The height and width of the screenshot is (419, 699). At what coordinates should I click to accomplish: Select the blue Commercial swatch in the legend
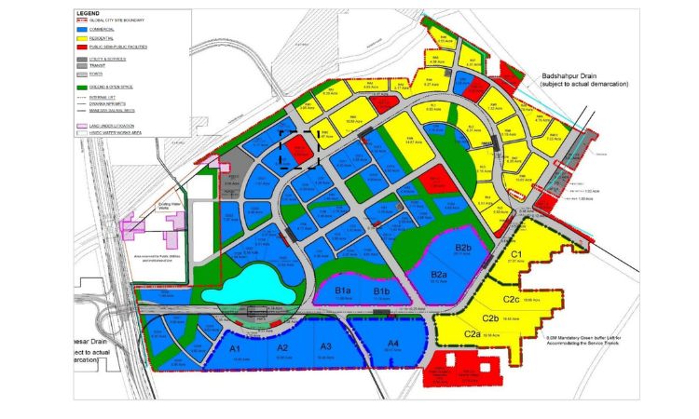coord(82,31)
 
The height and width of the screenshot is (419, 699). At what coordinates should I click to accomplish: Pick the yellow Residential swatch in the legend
coord(82,39)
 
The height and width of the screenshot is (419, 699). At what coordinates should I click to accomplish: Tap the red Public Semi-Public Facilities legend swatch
coord(82,47)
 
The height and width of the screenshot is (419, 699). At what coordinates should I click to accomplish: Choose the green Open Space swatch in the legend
coord(82,86)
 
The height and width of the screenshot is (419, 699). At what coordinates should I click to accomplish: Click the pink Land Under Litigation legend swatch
coord(82,124)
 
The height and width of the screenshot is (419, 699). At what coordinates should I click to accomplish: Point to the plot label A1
coord(235,346)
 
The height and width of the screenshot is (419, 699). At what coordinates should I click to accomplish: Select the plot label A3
coord(325,346)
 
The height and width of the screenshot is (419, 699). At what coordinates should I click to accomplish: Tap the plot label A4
coord(393,344)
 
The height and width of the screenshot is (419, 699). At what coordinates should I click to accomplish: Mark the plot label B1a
coord(342,292)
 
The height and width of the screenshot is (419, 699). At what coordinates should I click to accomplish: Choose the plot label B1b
coord(381,292)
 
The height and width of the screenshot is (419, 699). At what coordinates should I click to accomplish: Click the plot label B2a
coord(440,274)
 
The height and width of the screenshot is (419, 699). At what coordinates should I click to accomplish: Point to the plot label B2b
coord(463,248)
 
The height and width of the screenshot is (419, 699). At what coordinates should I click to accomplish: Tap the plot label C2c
coord(511,299)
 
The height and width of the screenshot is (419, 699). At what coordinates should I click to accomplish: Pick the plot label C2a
coord(472,334)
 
